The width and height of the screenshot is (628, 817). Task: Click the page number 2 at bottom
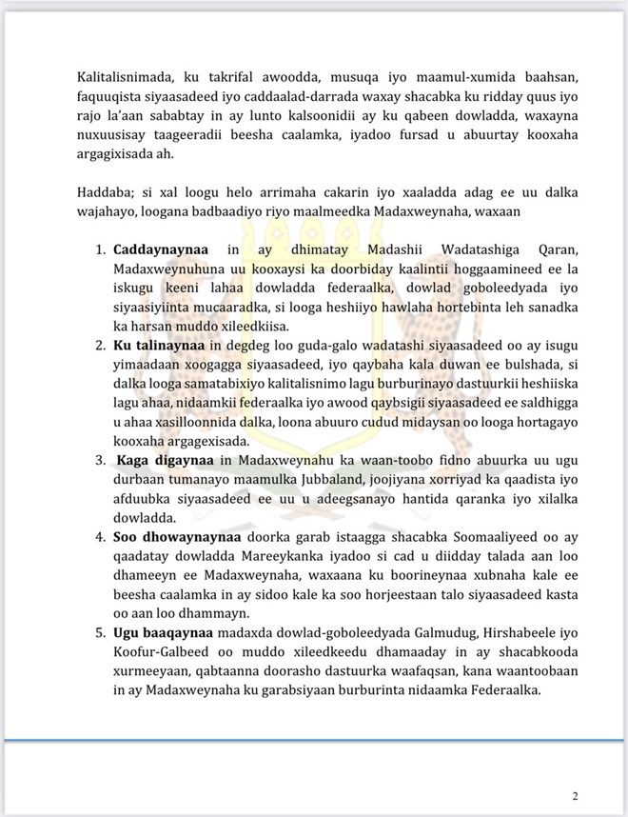pos(575,796)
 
